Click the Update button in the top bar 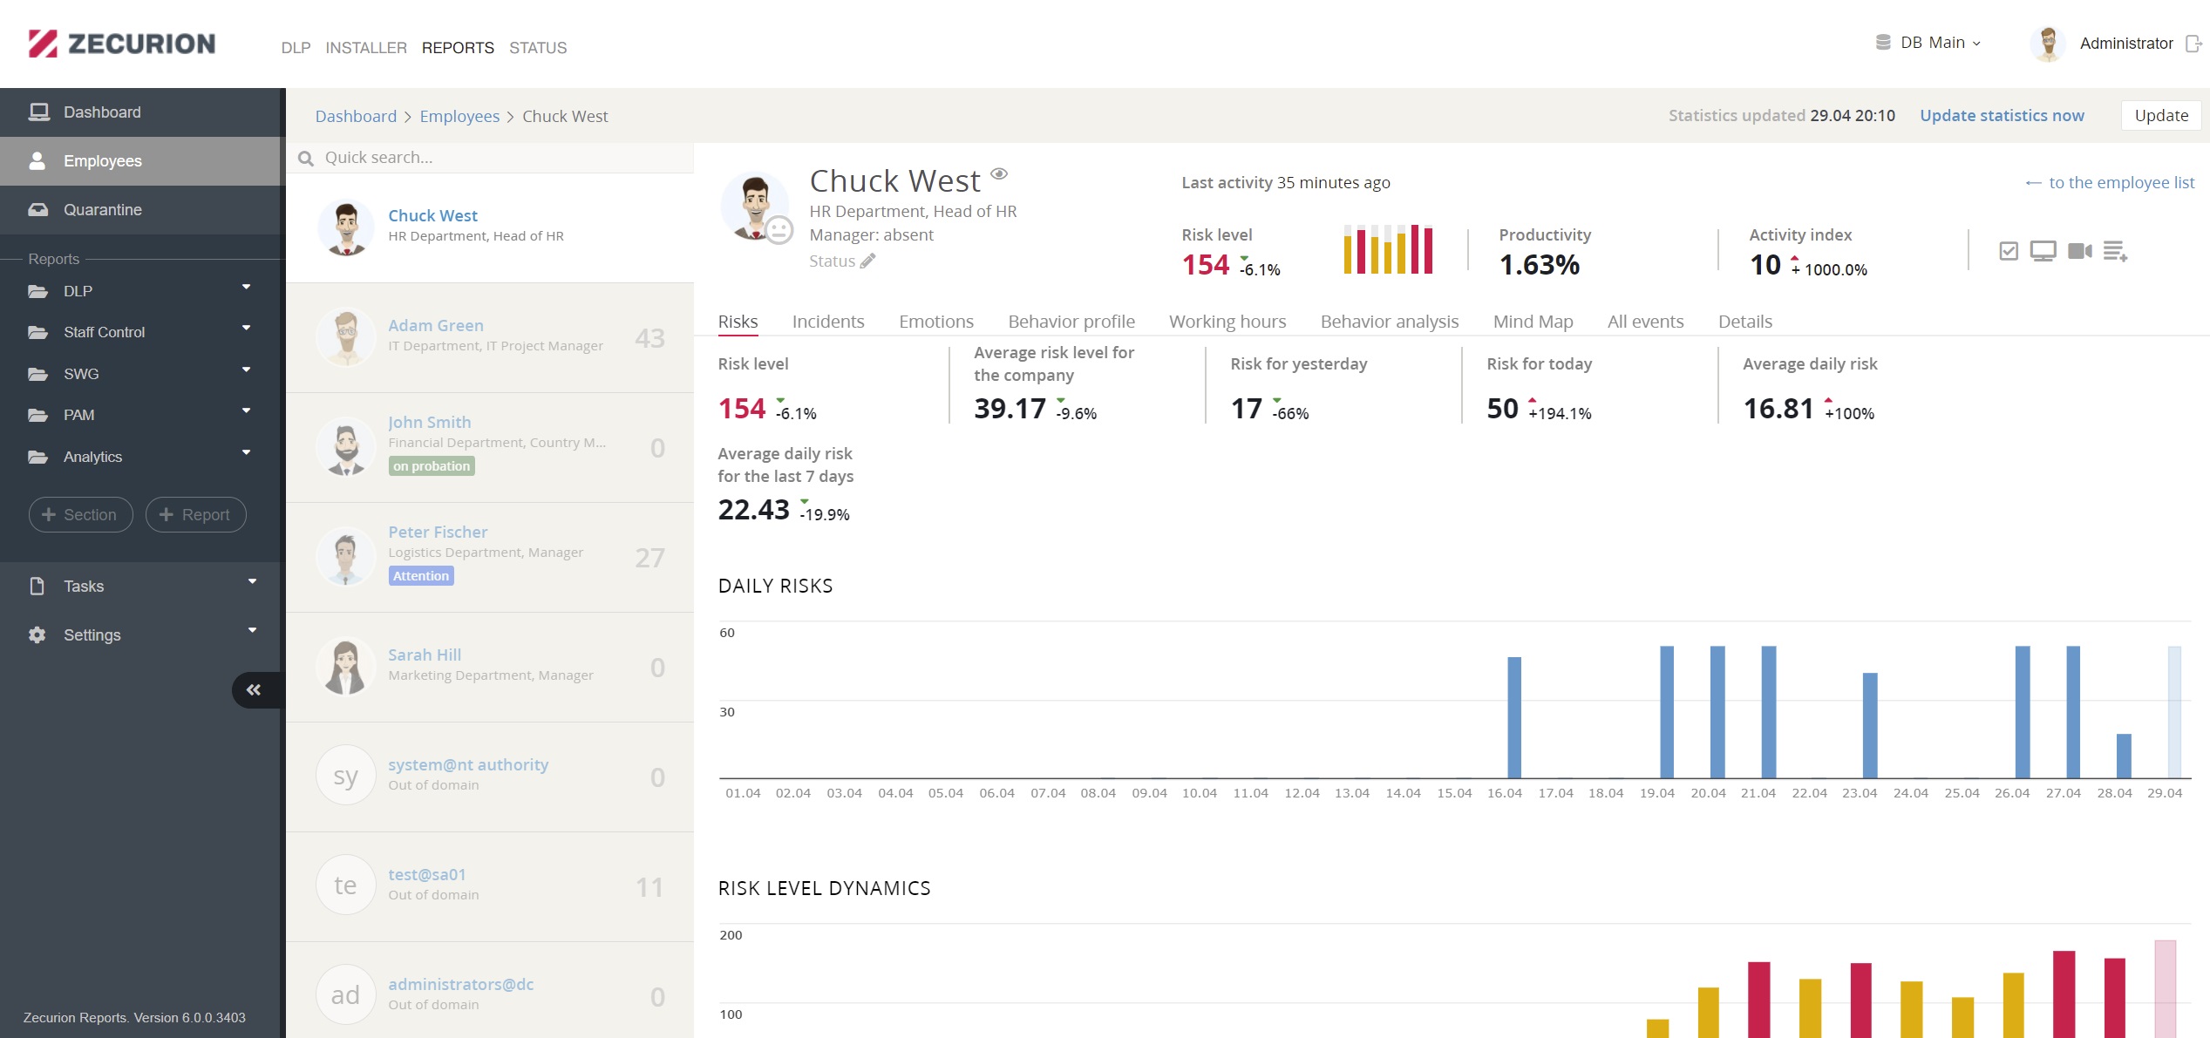pyautogui.click(x=2160, y=116)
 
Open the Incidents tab pyautogui.click(x=828, y=322)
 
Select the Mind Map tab pyautogui.click(x=1533, y=322)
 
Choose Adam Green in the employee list pyautogui.click(x=436, y=325)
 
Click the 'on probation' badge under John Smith pyautogui.click(x=432, y=466)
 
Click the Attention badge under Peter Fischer pyautogui.click(x=421, y=576)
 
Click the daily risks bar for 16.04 pyautogui.click(x=1514, y=717)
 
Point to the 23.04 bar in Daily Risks pyautogui.click(x=1870, y=725)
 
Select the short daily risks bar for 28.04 pyautogui.click(x=2124, y=756)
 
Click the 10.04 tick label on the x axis pyautogui.click(x=1200, y=793)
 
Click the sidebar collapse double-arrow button pyautogui.click(x=254, y=690)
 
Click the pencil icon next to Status pyautogui.click(x=867, y=261)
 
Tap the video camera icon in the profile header pyautogui.click(x=2079, y=251)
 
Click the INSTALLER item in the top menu pyautogui.click(x=366, y=48)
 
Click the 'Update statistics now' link pyautogui.click(x=2002, y=116)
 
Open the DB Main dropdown pyautogui.click(x=1928, y=43)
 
